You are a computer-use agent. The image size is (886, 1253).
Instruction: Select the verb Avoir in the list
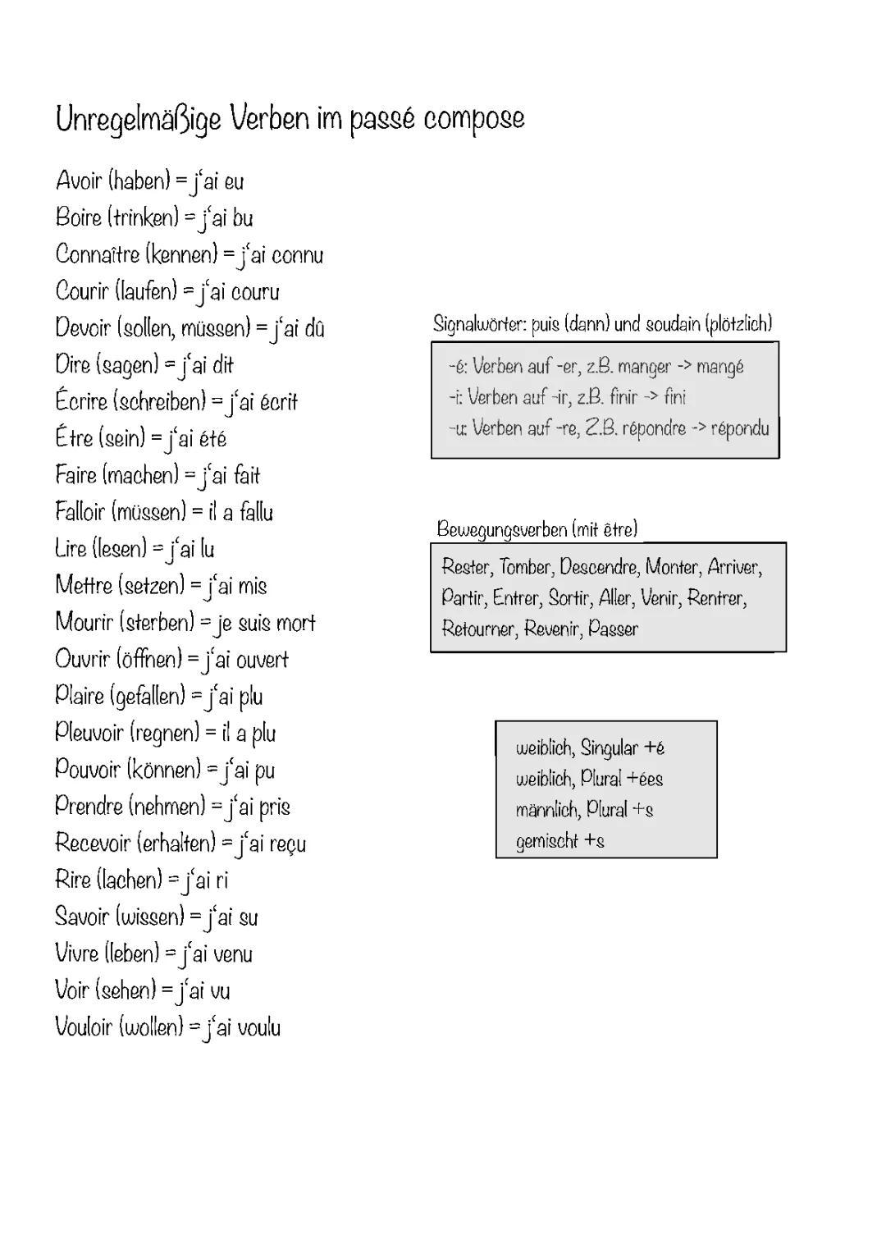(x=80, y=181)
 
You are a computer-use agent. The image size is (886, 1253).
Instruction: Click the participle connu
(x=297, y=255)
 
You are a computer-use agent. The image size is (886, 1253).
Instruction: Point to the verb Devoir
(x=82, y=328)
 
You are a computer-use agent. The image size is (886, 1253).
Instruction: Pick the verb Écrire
(x=82, y=401)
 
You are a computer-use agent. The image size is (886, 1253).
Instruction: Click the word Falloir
(x=80, y=512)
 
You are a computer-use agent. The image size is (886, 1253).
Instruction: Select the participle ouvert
(x=263, y=660)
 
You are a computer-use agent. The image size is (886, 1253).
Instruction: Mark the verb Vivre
(x=76, y=953)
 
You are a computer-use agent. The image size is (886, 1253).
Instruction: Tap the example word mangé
(x=720, y=367)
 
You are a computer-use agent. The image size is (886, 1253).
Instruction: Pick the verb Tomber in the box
(x=526, y=567)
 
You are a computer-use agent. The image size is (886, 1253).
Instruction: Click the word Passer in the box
(x=613, y=629)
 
